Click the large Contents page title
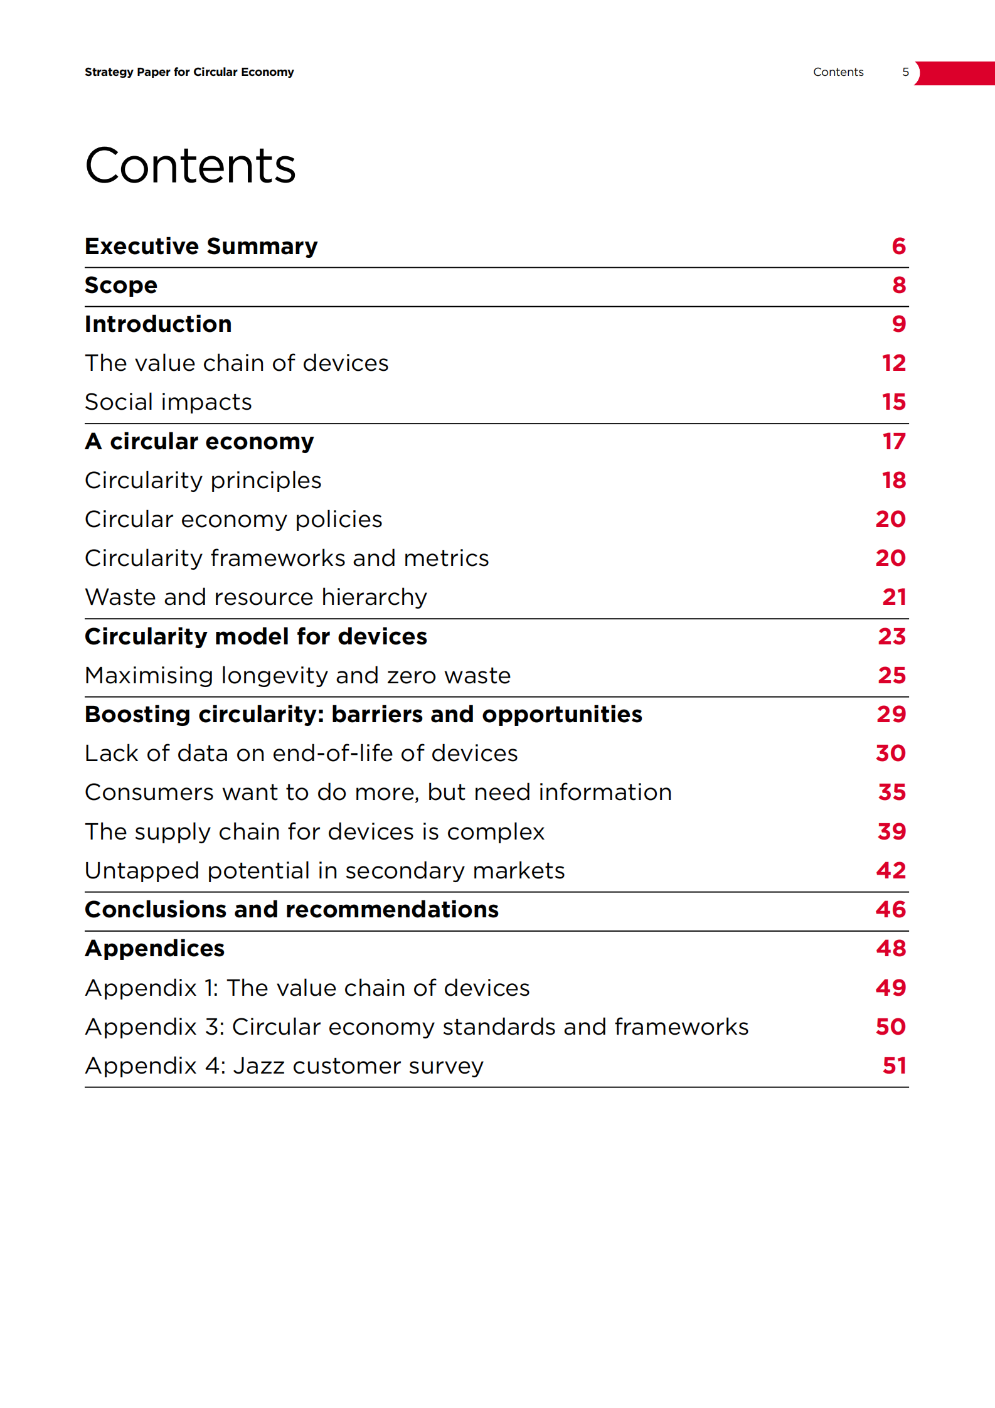[190, 166]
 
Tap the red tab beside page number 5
[955, 73]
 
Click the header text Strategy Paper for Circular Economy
[189, 72]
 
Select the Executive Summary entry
[201, 247]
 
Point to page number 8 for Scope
[899, 285]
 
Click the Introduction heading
[158, 324]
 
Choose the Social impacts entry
[168, 402]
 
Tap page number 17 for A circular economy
[894, 442]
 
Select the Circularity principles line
[203, 481]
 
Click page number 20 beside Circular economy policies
[890, 520]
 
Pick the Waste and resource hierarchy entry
[256, 597]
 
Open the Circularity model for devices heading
[256, 637]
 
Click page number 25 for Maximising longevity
[891, 676]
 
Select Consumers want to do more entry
[378, 792]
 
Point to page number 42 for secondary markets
[891, 871]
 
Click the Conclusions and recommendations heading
[292, 910]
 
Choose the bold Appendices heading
[154, 949]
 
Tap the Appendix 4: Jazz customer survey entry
[284, 1066]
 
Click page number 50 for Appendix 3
[891, 1027]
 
